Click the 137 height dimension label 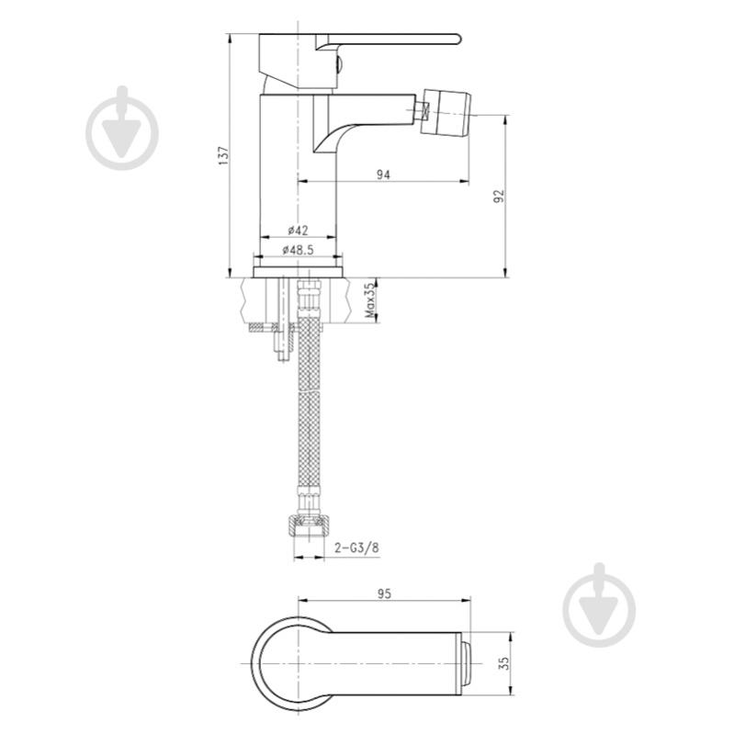(x=223, y=155)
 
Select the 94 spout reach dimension (x=383, y=175)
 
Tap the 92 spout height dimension (x=499, y=196)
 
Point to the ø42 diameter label (x=298, y=231)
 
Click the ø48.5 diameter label (x=298, y=251)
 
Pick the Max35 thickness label (x=370, y=300)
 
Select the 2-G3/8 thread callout (x=356, y=548)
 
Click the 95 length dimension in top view (x=384, y=594)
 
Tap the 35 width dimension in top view (x=503, y=663)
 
